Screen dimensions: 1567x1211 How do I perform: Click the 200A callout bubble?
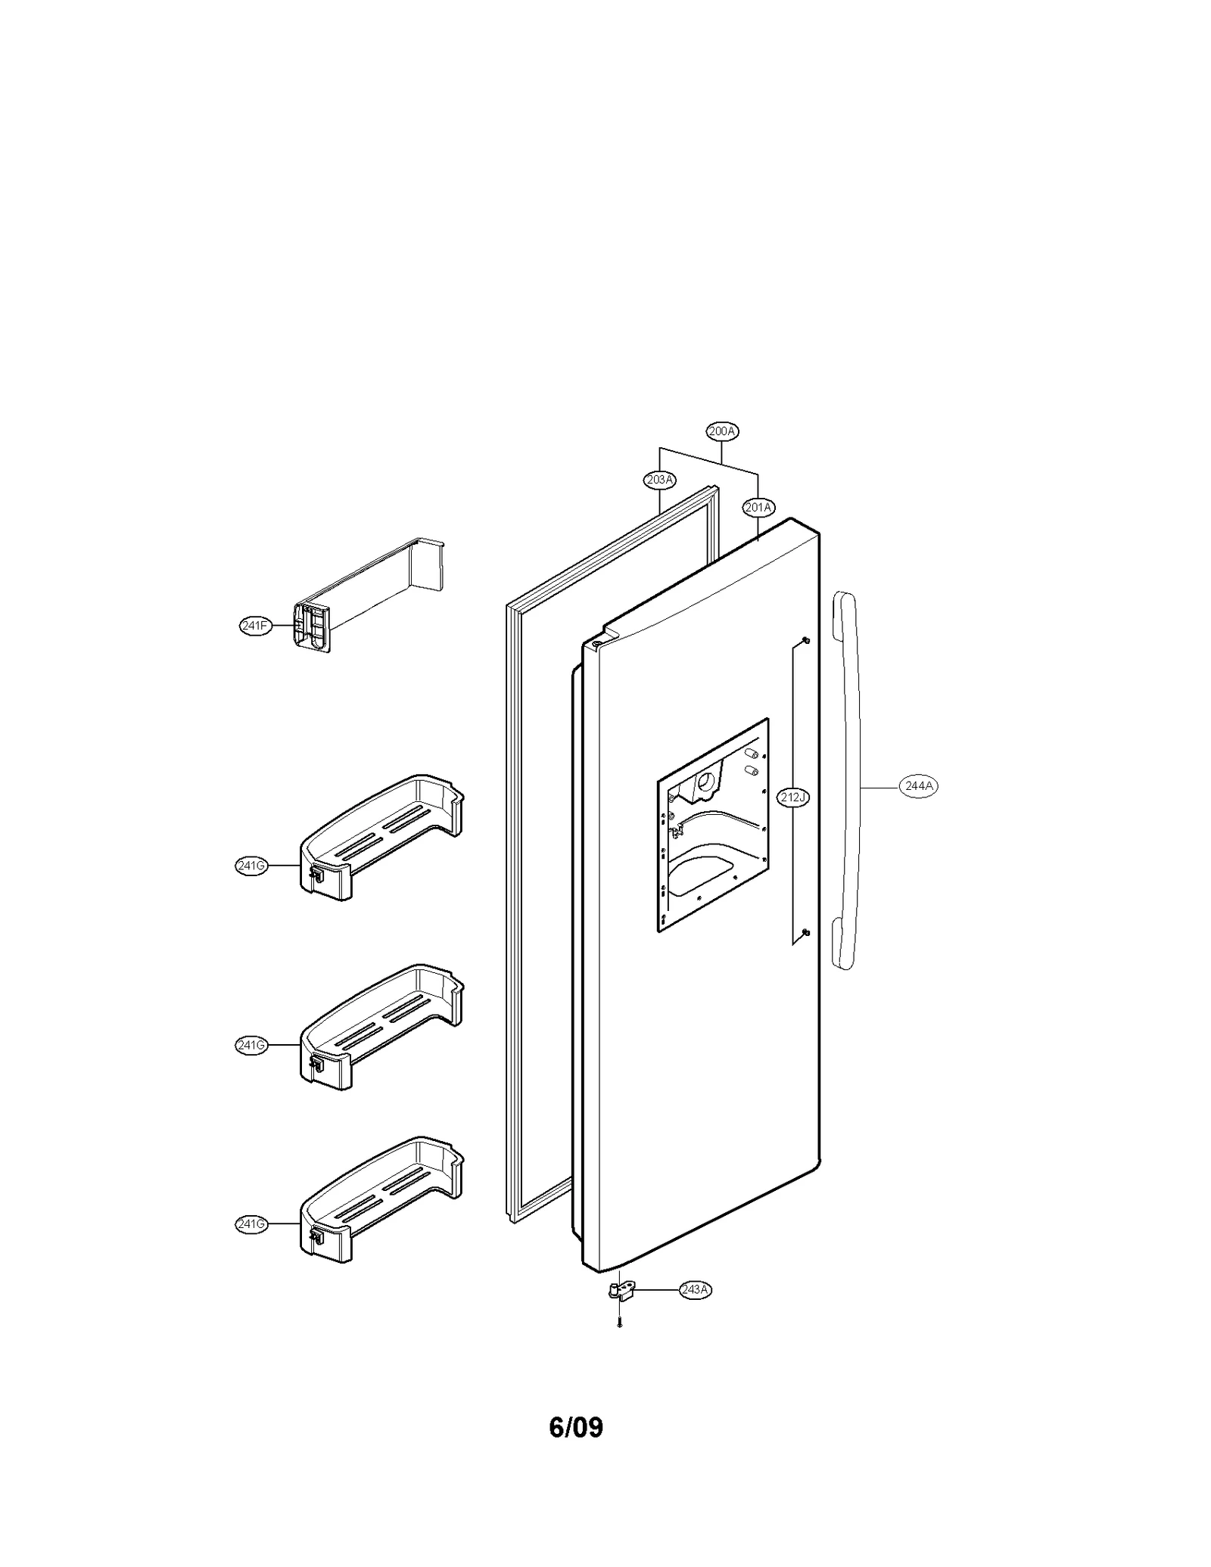point(722,431)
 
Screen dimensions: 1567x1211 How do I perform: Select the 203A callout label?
point(659,480)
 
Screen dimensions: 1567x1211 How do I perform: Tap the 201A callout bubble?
point(758,508)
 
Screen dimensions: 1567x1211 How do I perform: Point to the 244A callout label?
point(919,786)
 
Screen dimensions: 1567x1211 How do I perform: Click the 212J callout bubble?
point(793,797)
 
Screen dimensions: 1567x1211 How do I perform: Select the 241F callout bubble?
point(255,626)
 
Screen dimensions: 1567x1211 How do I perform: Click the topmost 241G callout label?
point(251,866)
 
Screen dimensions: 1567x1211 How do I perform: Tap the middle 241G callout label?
point(251,1046)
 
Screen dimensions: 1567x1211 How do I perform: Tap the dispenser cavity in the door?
point(712,825)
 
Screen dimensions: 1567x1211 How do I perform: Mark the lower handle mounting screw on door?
point(807,931)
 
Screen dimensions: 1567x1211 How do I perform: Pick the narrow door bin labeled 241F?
point(363,598)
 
